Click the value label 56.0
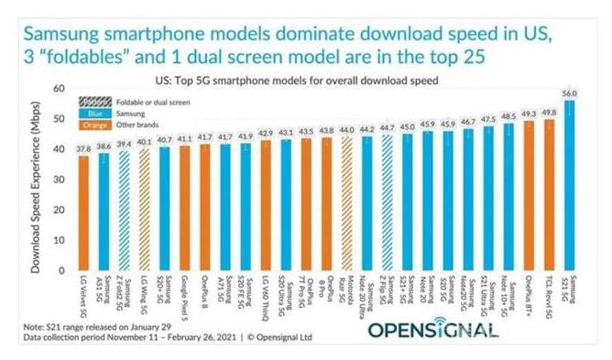coord(570,93)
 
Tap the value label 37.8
coord(82,147)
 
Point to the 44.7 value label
coord(388,127)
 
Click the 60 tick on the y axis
coord(59,89)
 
